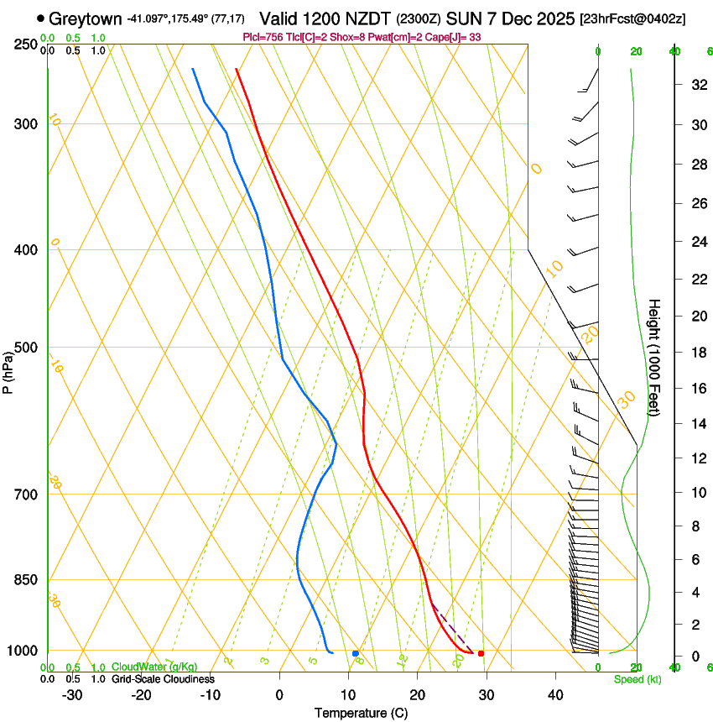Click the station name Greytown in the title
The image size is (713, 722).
[86, 18]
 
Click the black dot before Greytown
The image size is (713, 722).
[41, 18]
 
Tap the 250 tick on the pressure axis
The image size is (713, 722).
[24, 44]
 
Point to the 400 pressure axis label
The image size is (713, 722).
[24, 250]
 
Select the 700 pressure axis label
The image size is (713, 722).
[24, 494]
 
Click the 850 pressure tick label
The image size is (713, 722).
[24, 580]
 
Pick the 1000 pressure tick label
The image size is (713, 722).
[21, 651]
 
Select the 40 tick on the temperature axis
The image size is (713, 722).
[554, 695]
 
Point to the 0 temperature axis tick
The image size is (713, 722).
[279, 695]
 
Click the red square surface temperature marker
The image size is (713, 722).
[481, 653]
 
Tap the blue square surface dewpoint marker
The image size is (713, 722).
[356, 653]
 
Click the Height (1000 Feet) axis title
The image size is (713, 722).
[655, 356]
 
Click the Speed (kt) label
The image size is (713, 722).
[638, 679]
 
